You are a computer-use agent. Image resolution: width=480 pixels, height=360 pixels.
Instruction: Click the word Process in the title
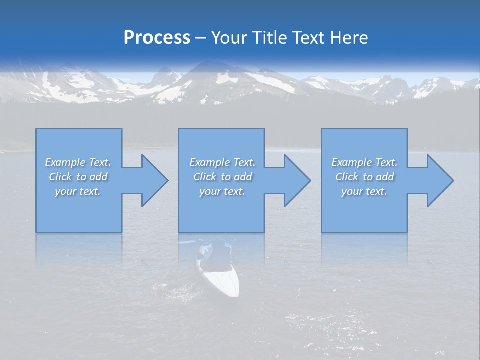click(x=157, y=38)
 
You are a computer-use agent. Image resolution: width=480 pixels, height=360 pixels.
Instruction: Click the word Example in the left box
click(x=65, y=162)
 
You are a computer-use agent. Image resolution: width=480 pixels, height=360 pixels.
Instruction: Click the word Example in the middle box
click(x=209, y=162)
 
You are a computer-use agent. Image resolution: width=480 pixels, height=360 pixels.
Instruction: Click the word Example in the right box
click(x=351, y=162)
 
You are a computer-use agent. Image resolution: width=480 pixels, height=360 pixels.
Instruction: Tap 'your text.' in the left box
click(x=78, y=191)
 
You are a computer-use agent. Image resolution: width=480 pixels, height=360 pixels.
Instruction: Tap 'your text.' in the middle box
click(x=222, y=191)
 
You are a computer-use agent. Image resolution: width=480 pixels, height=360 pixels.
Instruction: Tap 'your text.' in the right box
click(x=364, y=191)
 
